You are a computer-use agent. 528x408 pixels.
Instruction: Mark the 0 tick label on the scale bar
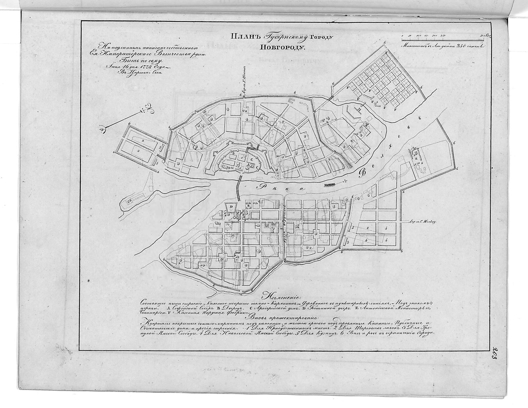click(x=403, y=35)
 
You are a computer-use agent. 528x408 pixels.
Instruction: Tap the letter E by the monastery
click(x=416, y=158)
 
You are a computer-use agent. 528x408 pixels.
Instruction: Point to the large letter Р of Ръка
click(x=261, y=186)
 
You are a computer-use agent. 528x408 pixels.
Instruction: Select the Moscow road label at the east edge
click(x=423, y=221)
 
